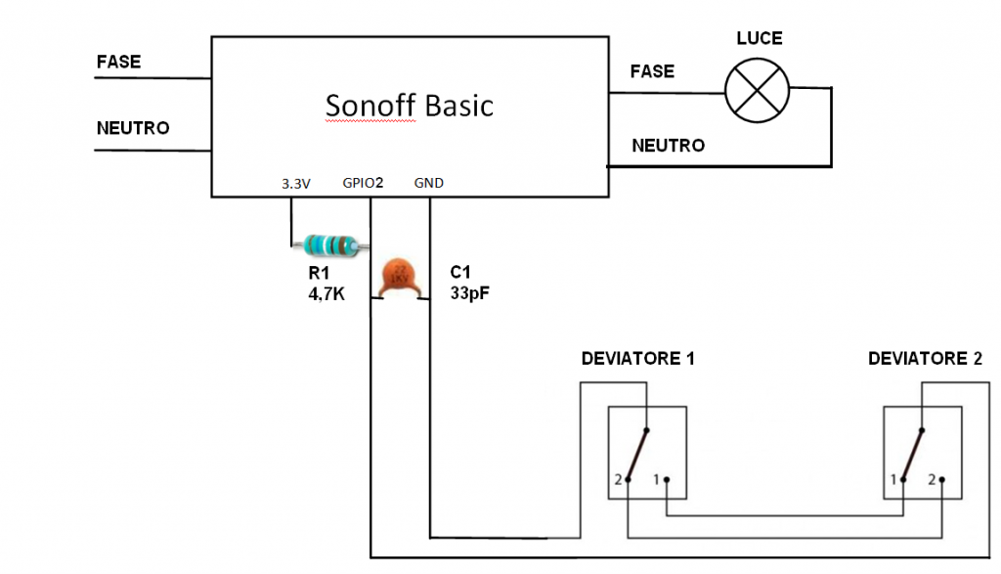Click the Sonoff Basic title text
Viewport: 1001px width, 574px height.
(x=410, y=105)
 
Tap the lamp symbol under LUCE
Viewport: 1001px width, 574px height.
(x=757, y=91)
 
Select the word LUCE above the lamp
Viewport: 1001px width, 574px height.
(x=759, y=39)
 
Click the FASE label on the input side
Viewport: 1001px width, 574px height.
(x=118, y=62)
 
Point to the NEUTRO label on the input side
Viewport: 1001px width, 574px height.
(x=133, y=128)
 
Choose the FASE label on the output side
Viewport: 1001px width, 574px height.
(x=652, y=71)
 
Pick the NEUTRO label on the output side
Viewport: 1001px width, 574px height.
(x=668, y=146)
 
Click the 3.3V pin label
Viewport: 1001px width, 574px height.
(x=295, y=183)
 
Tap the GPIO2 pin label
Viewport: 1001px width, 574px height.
(x=363, y=183)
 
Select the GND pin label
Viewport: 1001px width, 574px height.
(x=428, y=183)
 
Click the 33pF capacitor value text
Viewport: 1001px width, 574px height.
(x=469, y=290)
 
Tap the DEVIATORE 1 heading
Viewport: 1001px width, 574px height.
(x=637, y=359)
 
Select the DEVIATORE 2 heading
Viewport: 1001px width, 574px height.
(x=925, y=359)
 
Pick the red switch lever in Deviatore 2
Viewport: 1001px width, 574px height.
(x=913, y=453)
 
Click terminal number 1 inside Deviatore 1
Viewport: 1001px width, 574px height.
(x=656, y=480)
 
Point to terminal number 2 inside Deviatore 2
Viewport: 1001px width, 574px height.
(x=932, y=480)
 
